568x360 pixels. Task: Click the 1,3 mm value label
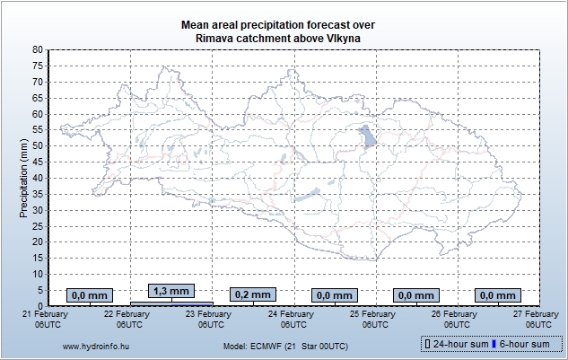pyautogui.click(x=170, y=291)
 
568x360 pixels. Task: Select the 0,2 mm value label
pyautogui.click(x=252, y=294)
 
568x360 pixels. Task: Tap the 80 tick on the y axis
pyautogui.click(x=37, y=49)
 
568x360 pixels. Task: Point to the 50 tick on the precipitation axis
pyautogui.click(x=37, y=145)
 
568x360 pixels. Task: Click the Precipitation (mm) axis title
pyautogui.click(x=23, y=177)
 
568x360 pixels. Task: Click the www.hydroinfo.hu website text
pyautogui.click(x=93, y=346)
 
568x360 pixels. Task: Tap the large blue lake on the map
pyautogui.click(x=367, y=136)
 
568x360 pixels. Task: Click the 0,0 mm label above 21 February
pyautogui.click(x=89, y=294)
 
